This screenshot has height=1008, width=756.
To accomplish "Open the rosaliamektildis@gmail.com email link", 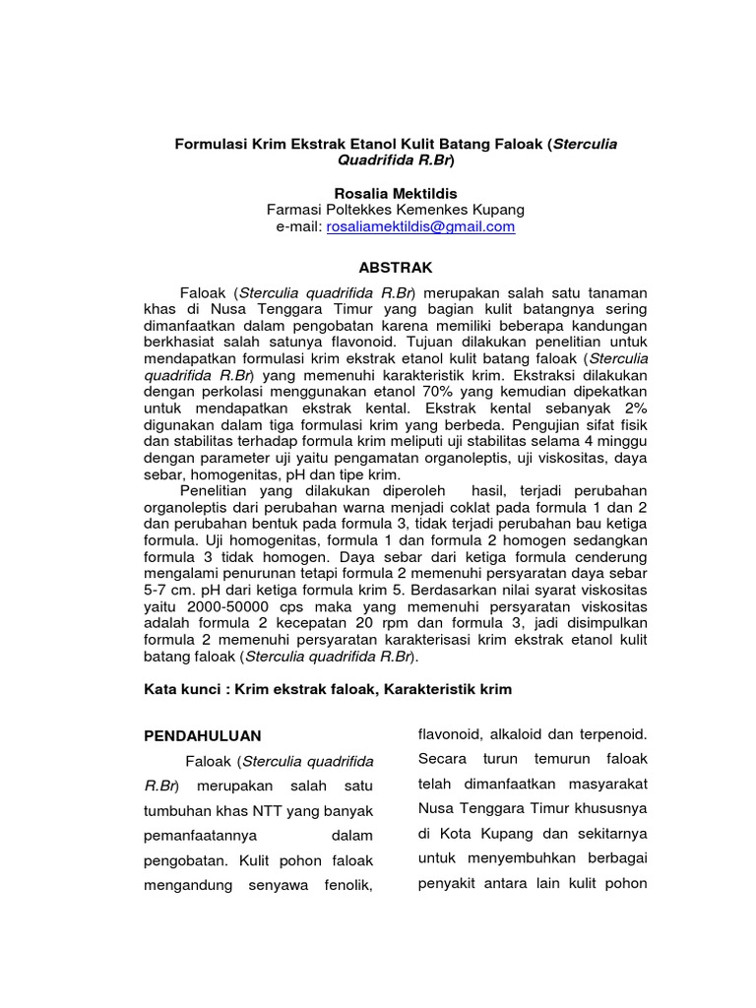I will tap(420, 226).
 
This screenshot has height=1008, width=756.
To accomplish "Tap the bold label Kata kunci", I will tap(181, 689).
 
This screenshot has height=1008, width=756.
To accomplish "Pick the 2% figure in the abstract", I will tap(633, 408).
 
